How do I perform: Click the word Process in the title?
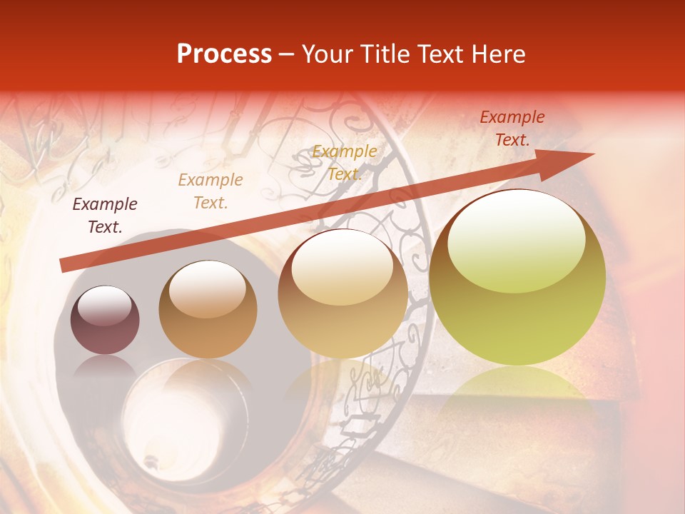point(224,54)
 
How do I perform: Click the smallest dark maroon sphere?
point(105,321)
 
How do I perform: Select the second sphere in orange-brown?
point(208,310)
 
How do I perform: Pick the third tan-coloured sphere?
point(342,294)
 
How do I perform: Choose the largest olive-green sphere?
point(517,278)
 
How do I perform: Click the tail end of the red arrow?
point(64,265)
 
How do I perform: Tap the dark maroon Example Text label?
point(105,215)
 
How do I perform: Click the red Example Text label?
point(512,128)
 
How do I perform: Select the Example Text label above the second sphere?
point(210,191)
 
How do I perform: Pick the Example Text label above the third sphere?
point(345,162)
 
